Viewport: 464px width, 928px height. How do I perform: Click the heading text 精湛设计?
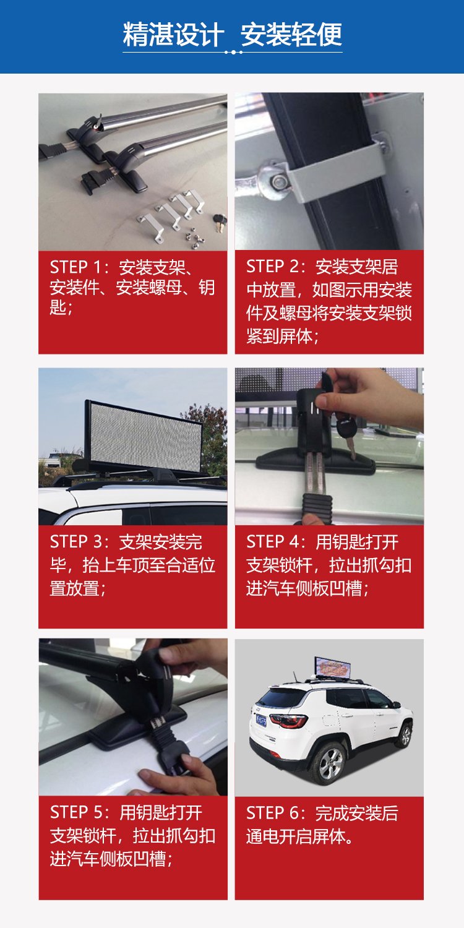point(173,35)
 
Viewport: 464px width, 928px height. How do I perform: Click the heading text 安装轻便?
point(291,35)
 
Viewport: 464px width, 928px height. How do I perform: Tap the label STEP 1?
point(75,267)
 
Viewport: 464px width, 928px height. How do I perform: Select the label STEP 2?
point(272,267)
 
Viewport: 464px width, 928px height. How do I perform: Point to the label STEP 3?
point(75,542)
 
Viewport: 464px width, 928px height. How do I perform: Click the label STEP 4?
point(272,542)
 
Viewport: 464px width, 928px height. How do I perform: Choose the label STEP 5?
point(75,812)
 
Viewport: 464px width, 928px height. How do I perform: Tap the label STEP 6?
point(272,813)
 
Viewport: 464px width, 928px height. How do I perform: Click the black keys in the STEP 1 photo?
point(220,220)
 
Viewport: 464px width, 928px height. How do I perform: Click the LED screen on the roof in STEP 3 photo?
point(144,436)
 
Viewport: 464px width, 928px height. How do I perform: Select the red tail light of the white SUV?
point(290,721)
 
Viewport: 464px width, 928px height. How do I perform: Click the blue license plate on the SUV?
point(261,718)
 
